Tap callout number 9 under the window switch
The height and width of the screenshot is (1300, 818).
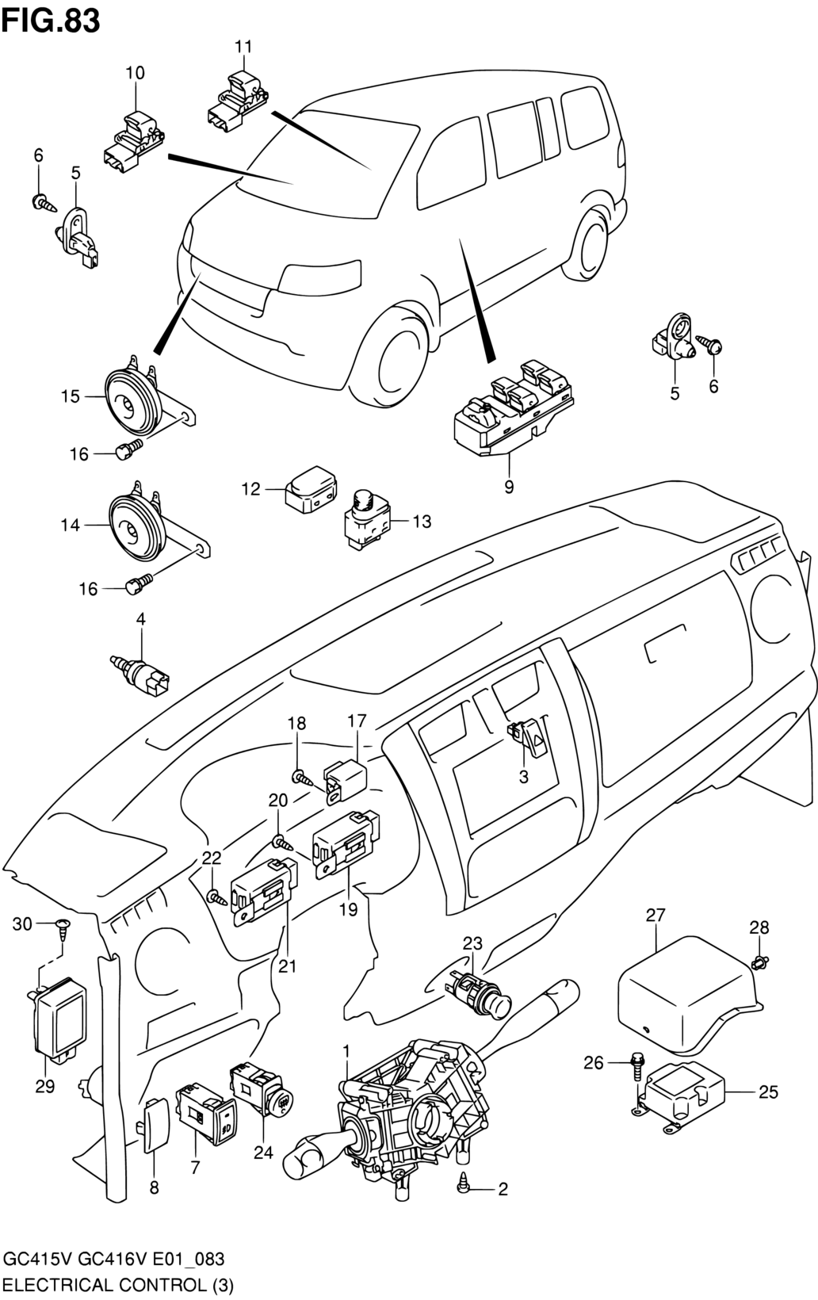[509, 487]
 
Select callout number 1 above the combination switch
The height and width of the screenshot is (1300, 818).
[346, 1050]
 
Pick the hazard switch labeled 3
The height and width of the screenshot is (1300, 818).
[529, 738]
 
